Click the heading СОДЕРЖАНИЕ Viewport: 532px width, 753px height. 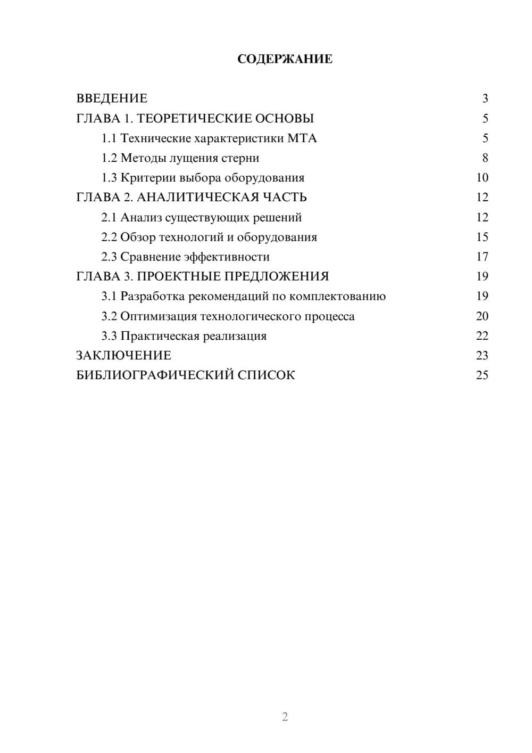coord(285,59)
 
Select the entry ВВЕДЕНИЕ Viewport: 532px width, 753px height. coord(112,99)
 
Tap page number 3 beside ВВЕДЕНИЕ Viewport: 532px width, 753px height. coord(485,99)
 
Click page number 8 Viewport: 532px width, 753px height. coord(485,158)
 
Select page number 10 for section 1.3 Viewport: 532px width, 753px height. coord(482,178)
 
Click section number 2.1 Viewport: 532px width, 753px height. coord(109,217)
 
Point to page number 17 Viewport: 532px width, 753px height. coord(482,257)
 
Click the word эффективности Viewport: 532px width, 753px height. coord(227,257)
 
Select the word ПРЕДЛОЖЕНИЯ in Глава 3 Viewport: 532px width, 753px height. coord(276,276)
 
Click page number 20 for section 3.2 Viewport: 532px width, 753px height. coord(482,316)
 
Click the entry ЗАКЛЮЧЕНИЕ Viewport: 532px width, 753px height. coord(123,356)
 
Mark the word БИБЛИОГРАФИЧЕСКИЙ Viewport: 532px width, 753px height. coord(155,375)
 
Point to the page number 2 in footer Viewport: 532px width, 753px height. coord(285,717)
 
